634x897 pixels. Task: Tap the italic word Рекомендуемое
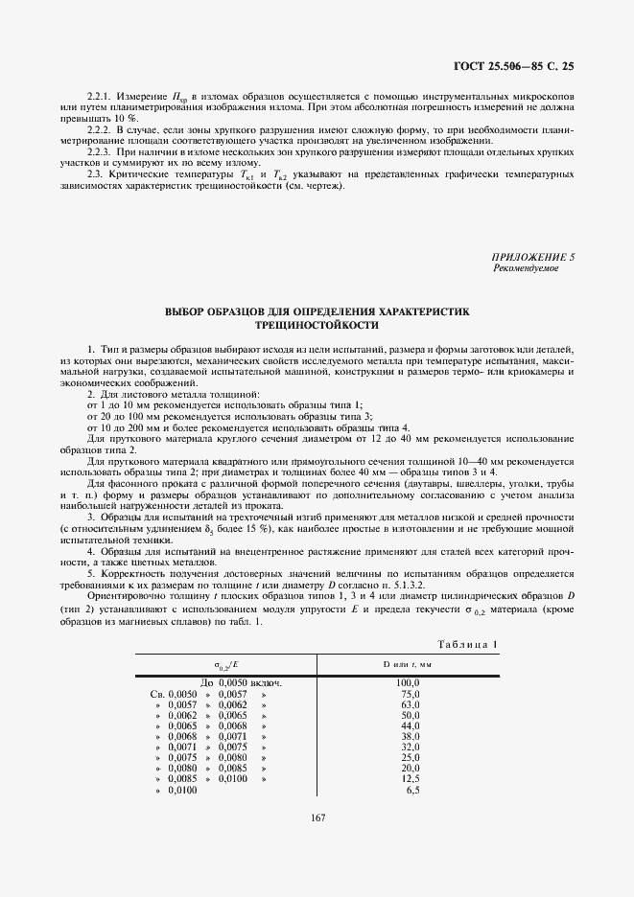click(x=526, y=268)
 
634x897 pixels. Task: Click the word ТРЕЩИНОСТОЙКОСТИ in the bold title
click(x=317, y=325)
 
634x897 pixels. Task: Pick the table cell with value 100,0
click(x=410, y=681)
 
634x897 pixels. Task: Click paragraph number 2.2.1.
click(x=100, y=98)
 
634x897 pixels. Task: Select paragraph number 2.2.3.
click(x=100, y=151)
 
